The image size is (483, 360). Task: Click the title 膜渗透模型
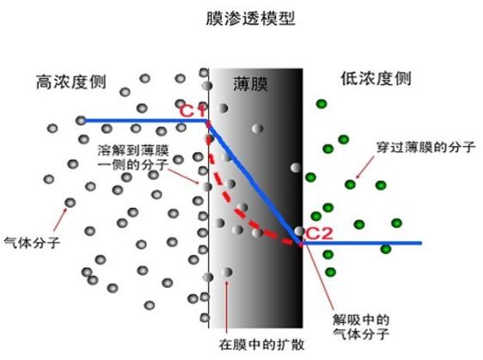tap(250, 19)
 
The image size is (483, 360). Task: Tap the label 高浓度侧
tap(71, 82)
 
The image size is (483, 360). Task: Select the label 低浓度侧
tap(376, 79)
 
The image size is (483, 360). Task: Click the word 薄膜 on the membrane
tap(250, 83)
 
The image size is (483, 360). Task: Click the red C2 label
tap(319, 234)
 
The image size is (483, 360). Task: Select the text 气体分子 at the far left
tap(32, 242)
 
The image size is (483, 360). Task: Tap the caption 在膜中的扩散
tap(261, 345)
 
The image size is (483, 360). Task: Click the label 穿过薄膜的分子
tap(426, 147)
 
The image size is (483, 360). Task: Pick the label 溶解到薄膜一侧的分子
tap(133, 158)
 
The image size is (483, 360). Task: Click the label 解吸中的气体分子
tap(361, 326)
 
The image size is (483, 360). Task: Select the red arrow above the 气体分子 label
tap(60, 219)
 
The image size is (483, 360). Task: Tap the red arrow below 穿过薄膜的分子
tap(365, 167)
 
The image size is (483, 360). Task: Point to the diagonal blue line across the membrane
tap(254, 182)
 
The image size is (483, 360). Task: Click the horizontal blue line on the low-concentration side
tap(362, 243)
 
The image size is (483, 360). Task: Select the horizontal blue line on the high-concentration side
tap(144, 120)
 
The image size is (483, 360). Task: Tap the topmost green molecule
tap(321, 104)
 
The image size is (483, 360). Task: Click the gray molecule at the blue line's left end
tap(81, 120)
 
